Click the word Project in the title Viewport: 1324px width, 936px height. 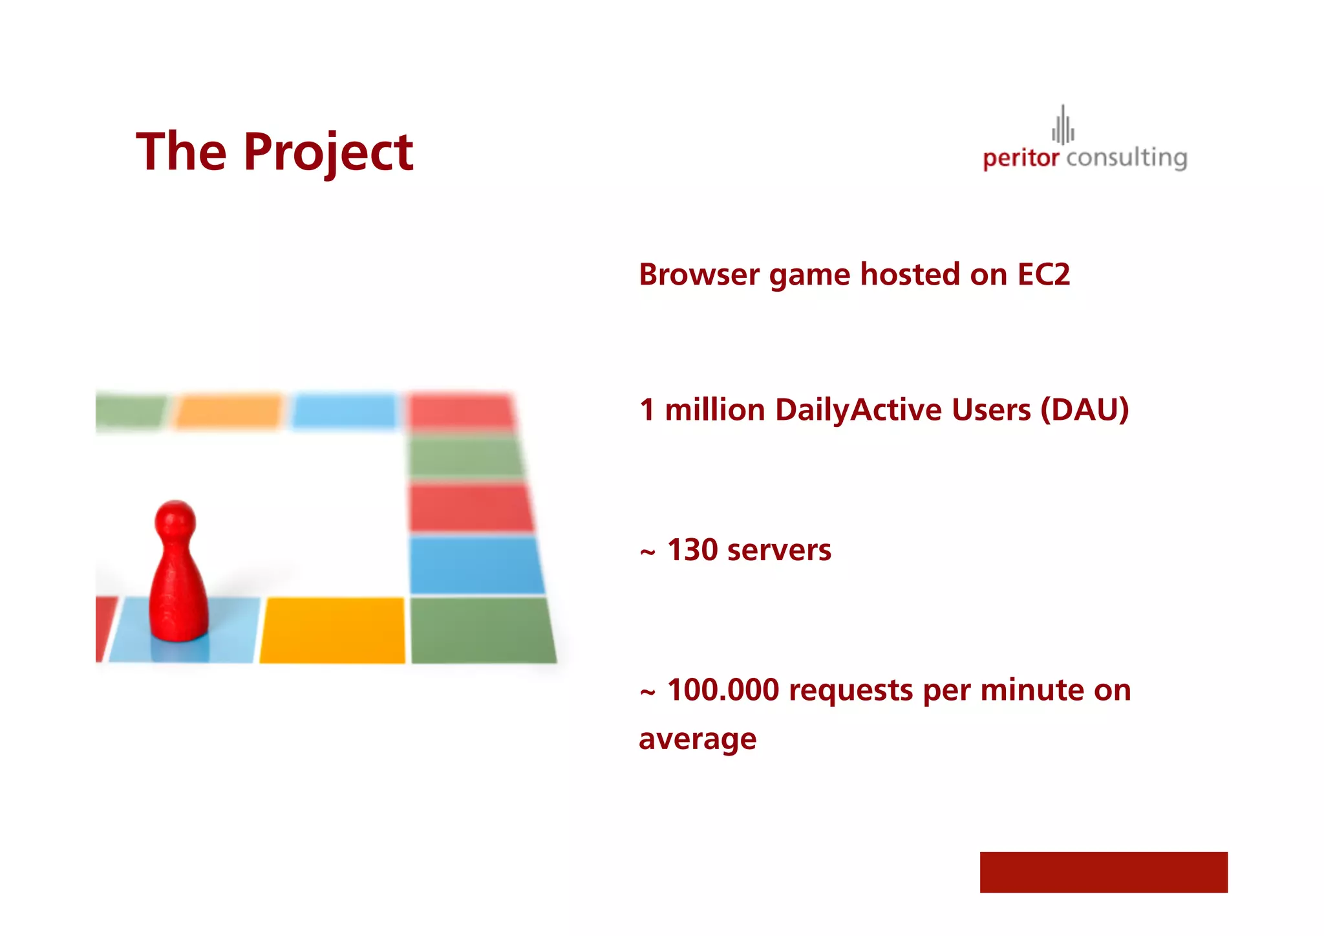coord(328,153)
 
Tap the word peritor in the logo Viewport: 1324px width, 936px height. coord(1020,158)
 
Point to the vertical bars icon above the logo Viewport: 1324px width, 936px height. coord(1063,125)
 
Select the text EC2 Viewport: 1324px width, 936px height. coord(1043,274)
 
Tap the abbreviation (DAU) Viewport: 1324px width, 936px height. coord(1084,409)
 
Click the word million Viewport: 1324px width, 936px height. coord(715,409)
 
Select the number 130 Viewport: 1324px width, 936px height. coord(692,550)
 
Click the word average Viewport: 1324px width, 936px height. coord(697,739)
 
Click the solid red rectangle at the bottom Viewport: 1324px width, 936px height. coord(1103,872)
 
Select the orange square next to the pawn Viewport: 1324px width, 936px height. coord(332,630)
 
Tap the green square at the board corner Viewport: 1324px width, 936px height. coord(482,630)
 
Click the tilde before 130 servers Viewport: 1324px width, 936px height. coord(647,552)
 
